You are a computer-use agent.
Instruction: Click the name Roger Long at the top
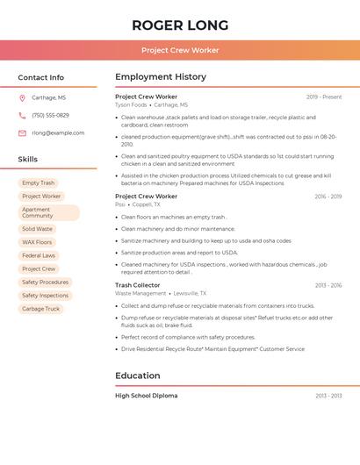point(180,25)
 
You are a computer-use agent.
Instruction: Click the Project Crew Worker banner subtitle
point(180,50)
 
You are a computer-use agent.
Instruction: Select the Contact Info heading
point(40,77)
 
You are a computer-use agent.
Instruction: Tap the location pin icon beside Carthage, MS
point(22,97)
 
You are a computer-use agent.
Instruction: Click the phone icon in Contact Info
point(22,115)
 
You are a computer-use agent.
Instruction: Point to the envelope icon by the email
point(22,133)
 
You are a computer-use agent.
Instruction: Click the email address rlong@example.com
point(58,133)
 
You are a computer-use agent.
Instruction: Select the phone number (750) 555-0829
point(50,115)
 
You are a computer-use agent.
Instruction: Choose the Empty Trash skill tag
point(38,183)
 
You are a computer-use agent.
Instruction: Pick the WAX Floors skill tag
point(37,242)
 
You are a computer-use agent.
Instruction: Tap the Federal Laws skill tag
point(39,255)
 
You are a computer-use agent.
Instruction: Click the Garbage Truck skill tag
point(40,309)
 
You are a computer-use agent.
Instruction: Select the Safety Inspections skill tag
point(45,296)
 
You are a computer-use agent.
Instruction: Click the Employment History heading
point(161,77)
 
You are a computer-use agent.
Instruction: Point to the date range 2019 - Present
point(324,97)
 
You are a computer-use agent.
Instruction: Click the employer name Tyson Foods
point(131,104)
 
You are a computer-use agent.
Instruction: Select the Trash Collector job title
point(138,285)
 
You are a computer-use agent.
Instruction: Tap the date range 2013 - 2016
point(328,285)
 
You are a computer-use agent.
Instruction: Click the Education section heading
point(138,376)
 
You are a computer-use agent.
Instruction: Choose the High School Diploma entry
point(146,396)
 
